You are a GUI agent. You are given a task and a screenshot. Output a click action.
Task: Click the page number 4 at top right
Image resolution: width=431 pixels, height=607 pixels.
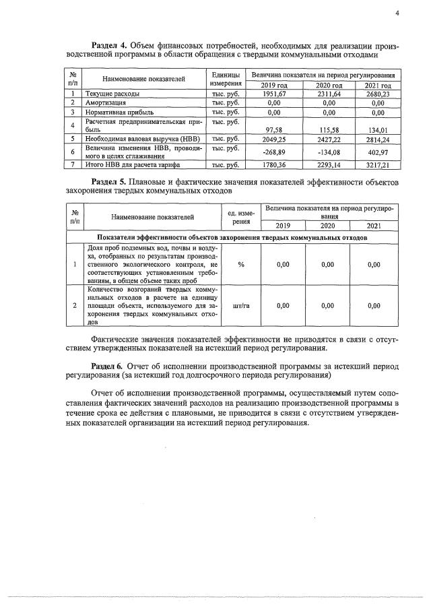coord(397,13)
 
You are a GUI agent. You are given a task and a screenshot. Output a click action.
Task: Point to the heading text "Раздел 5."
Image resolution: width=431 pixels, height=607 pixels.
coord(110,183)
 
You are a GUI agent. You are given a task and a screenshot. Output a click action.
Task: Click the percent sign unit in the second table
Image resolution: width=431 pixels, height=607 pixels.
coord(241,265)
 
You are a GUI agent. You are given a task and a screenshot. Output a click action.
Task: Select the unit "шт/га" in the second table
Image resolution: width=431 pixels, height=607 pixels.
coord(241,306)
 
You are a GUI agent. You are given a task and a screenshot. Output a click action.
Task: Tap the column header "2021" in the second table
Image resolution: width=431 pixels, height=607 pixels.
coord(374,226)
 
